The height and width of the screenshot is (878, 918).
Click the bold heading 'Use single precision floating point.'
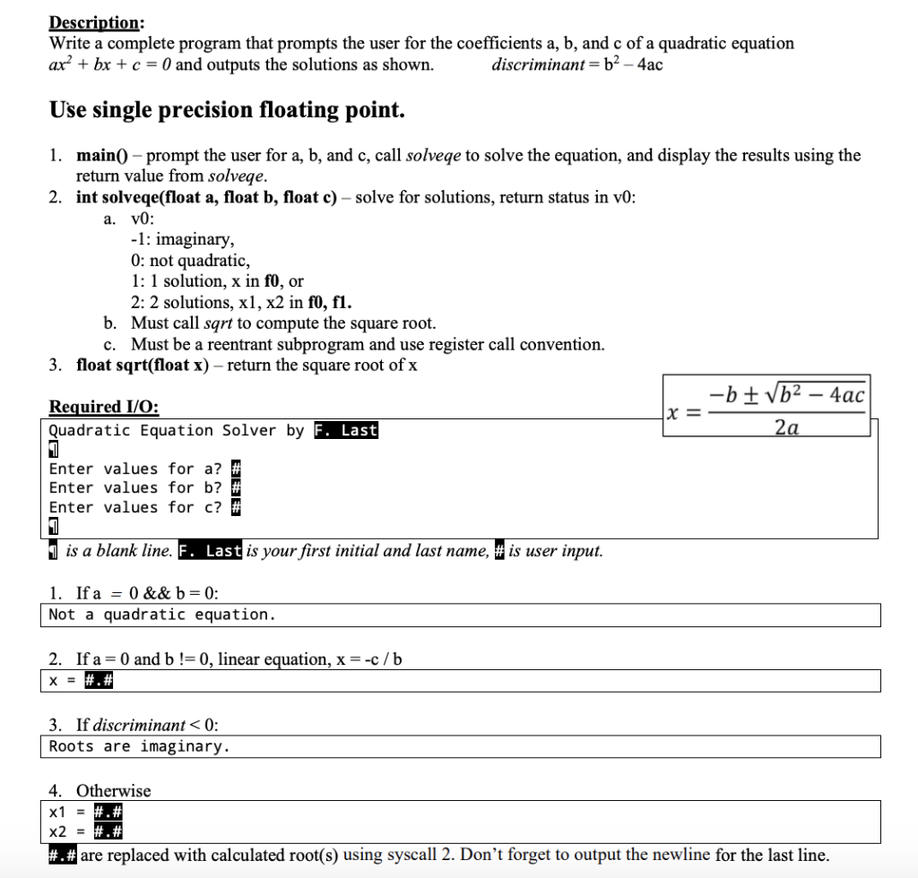[228, 110]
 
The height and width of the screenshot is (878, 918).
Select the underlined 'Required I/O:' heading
[103, 407]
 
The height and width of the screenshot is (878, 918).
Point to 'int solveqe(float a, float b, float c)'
[208, 198]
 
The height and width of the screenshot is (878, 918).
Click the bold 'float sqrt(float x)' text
[143, 365]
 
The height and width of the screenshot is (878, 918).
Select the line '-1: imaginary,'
[182, 240]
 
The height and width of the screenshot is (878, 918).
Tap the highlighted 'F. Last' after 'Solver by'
[346, 431]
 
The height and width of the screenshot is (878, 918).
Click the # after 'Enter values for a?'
[237, 469]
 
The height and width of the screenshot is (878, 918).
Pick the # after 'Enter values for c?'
[237, 507]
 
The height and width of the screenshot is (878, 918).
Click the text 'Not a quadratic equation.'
[162, 615]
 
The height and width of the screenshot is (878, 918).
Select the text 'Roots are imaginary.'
[139, 746]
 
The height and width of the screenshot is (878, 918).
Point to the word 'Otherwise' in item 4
[113, 790]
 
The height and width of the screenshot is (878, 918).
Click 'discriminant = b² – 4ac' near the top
[577, 65]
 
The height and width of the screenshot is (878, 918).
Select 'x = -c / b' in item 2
[368, 659]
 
